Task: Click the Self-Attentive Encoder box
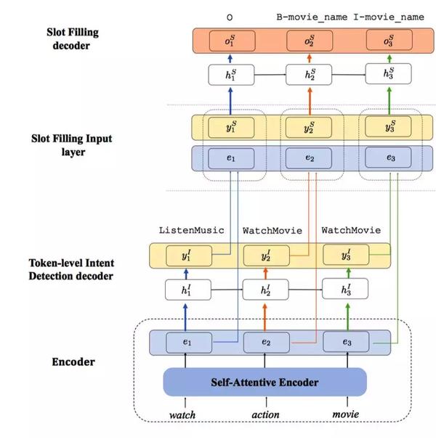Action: click(x=265, y=381)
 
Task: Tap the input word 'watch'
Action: click(x=183, y=416)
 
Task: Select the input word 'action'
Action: click(x=265, y=416)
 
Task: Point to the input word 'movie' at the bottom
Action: click(x=346, y=416)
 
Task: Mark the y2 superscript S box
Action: click(x=310, y=127)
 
